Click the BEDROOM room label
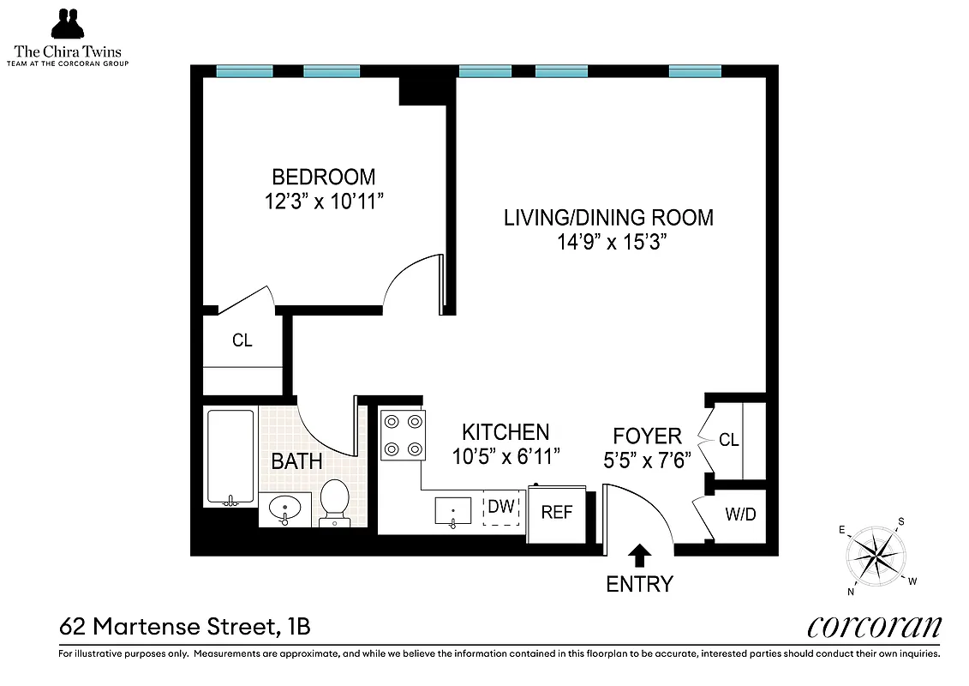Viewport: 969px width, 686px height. [323, 178]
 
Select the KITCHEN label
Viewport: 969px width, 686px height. [505, 432]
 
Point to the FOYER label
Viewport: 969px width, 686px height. [647, 436]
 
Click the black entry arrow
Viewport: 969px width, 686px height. [638, 556]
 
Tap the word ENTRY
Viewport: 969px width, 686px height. [639, 585]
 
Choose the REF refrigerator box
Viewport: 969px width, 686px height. [557, 513]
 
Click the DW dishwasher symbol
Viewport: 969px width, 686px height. [501, 507]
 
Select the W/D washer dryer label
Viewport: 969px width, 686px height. [740, 514]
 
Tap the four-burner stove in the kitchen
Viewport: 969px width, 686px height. [403, 435]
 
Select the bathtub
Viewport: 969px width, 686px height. [230, 457]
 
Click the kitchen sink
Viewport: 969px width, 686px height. [453, 511]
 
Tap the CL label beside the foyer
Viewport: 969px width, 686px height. [728, 441]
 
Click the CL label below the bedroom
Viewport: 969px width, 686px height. [242, 340]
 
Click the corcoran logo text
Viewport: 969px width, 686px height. [873, 627]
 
